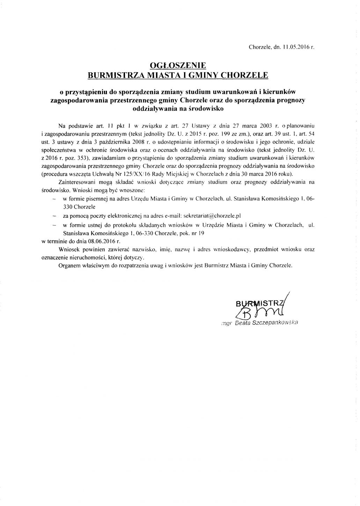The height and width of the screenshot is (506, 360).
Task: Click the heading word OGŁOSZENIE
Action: coord(178,65)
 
